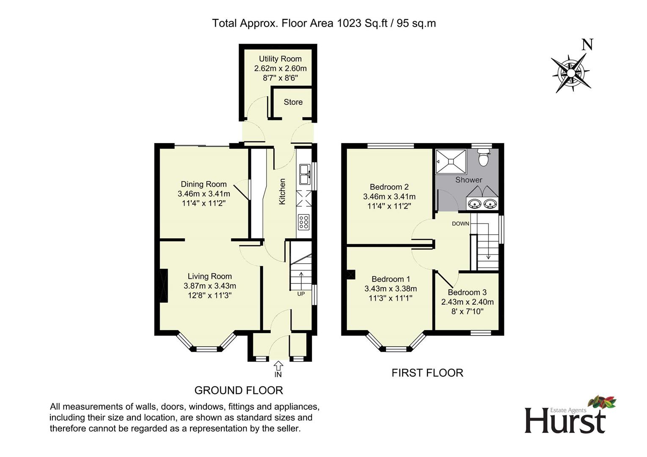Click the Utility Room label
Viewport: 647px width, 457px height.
pos(280,59)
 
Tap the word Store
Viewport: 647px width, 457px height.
pos(293,102)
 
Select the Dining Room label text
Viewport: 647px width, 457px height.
pos(204,184)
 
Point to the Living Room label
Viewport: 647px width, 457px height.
pos(210,276)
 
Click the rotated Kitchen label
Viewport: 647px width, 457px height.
pos(282,192)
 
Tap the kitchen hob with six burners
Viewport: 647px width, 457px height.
pos(303,222)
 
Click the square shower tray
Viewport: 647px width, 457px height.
pos(451,162)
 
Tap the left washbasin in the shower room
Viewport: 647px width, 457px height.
pos(474,204)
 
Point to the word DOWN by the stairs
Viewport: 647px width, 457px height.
pos(460,223)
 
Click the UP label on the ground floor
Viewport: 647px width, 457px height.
pos(301,294)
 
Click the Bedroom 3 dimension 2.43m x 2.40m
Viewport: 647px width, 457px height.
pos(467,302)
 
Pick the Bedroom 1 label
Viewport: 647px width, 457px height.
pos(391,279)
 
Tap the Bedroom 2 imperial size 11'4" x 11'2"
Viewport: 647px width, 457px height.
pos(389,206)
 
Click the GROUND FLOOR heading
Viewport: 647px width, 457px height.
pos(239,390)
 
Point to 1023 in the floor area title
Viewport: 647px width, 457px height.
pos(349,23)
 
